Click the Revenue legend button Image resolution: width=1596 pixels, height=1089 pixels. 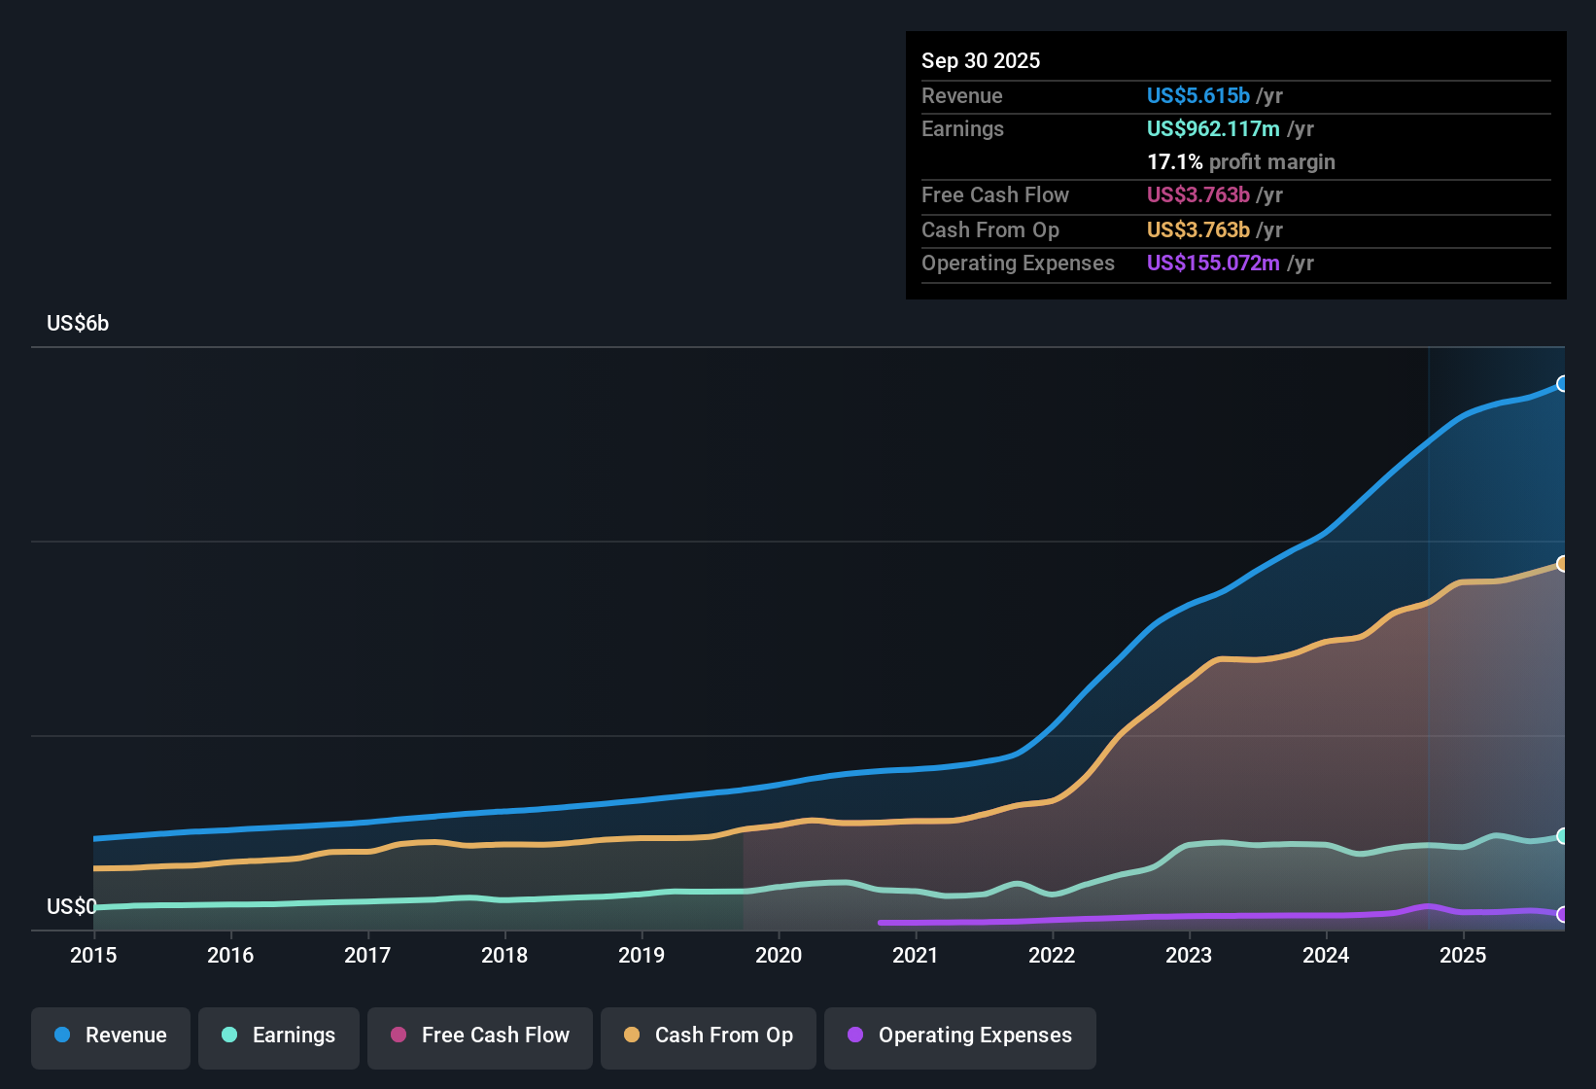click(111, 1036)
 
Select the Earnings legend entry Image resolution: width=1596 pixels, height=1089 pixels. click(279, 1036)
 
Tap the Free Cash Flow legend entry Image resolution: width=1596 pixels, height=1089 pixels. click(480, 1036)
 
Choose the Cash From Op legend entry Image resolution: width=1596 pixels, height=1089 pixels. click(709, 1036)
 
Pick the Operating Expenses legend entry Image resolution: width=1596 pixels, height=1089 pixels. click(960, 1036)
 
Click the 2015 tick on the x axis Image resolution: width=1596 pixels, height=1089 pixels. click(93, 955)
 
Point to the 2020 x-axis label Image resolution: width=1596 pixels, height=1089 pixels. click(779, 955)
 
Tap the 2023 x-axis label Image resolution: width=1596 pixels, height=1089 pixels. click(1189, 955)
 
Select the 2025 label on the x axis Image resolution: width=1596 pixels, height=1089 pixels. click(1463, 955)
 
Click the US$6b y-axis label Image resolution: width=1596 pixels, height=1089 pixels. click(78, 324)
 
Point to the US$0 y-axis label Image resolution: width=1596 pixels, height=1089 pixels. click(71, 906)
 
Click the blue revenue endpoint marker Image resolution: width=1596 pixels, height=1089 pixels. click(1562, 384)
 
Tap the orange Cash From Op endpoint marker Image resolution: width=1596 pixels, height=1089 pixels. click(1562, 564)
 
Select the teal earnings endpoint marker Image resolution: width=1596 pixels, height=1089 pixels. click(1562, 836)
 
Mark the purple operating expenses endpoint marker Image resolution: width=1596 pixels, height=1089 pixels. click(1562, 914)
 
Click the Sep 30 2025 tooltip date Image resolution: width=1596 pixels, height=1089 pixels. click(981, 60)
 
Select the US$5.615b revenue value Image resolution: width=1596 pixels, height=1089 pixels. click(1197, 95)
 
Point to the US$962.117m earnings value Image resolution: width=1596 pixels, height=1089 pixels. click(1212, 128)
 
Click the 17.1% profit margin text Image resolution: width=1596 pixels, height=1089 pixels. click(1240, 161)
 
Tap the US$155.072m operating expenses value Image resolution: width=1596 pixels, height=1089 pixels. click(1212, 263)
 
